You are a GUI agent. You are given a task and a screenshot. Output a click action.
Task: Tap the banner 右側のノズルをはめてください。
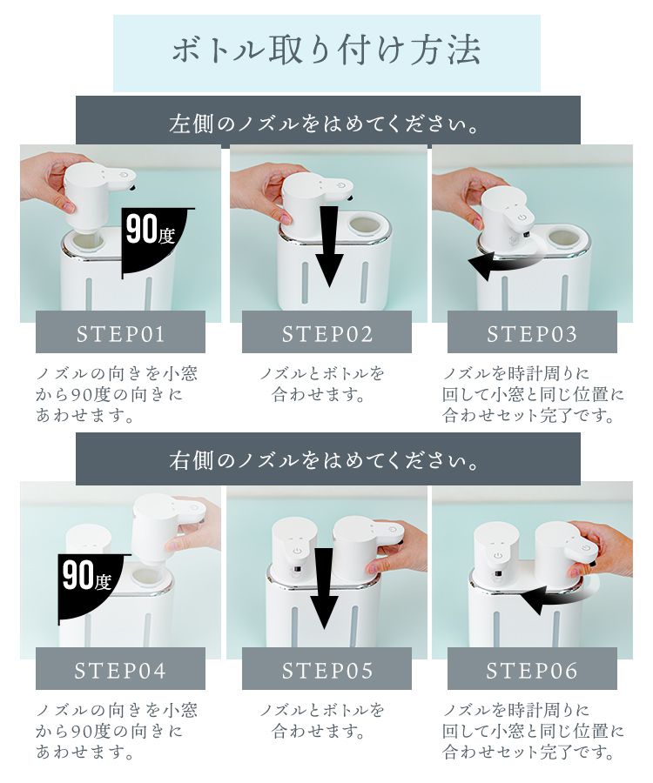click(327, 458)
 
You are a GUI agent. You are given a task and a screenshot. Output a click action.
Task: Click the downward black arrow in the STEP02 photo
click(329, 247)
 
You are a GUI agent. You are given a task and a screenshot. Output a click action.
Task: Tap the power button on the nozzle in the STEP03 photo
click(522, 217)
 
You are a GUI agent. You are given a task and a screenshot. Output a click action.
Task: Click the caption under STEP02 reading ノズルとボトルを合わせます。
click(321, 385)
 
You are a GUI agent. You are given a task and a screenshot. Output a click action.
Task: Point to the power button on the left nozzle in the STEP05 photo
click(297, 551)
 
